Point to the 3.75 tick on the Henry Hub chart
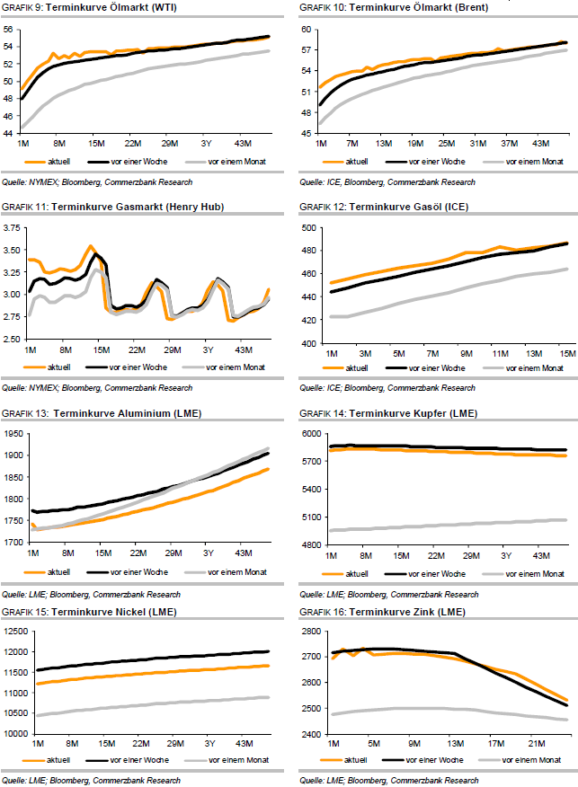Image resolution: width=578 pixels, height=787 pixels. pos(13,228)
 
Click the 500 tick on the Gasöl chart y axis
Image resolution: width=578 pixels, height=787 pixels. pos(309,228)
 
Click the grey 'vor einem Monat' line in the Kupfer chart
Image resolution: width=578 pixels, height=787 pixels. pos(449,524)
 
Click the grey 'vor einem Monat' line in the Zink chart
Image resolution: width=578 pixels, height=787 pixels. pos(449,710)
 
